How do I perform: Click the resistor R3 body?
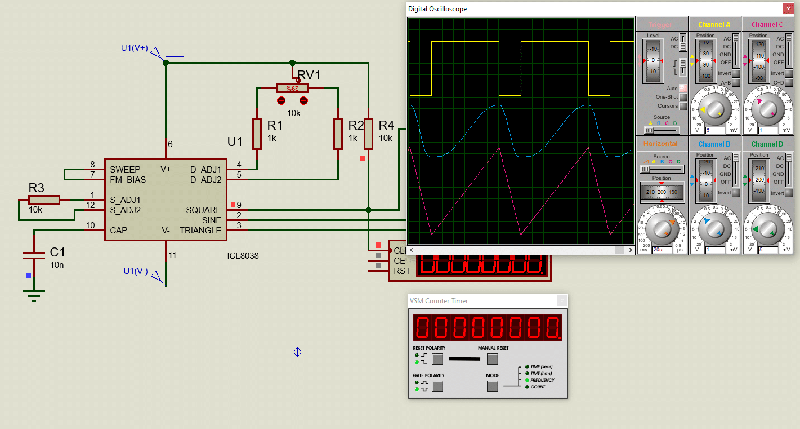click(44, 200)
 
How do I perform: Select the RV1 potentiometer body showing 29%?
click(292, 88)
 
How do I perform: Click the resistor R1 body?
click(257, 134)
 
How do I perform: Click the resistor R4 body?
click(368, 134)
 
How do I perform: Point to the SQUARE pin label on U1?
click(204, 210)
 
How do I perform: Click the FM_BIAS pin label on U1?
click(128, 180)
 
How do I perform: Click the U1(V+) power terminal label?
click(134, 48)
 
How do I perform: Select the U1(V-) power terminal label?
click(136, 271)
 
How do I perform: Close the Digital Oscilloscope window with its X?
click(787, 9)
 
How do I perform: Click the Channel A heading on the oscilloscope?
click(714, 25)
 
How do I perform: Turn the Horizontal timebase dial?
click(662, 229)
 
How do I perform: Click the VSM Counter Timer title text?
click(439, 301)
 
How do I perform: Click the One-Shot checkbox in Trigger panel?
click(682, 97)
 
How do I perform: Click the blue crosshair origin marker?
click(298, 352)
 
